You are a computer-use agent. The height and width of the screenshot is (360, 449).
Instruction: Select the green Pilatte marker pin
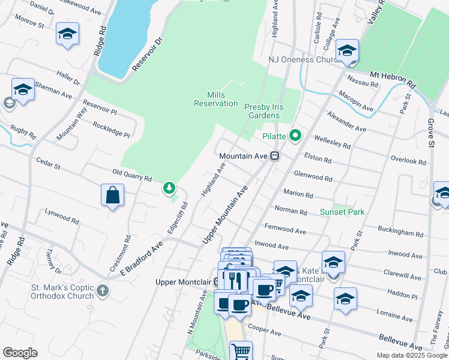tap(295, 136)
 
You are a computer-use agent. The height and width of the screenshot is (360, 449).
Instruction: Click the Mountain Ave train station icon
tap(274, 156)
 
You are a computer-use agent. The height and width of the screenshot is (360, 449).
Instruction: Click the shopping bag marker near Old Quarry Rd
tap(112, 195)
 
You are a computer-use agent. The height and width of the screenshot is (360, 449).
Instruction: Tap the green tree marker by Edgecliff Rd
tap(170, 188)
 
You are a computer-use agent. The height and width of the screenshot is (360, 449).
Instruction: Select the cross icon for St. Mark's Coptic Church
tap(103, 291)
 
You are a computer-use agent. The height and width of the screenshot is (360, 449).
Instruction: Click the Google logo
tap(20, 353)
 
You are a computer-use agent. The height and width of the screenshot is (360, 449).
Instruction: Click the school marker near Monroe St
tap(67, 34)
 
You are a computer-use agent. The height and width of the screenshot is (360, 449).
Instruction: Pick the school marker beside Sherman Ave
tap(22, 91)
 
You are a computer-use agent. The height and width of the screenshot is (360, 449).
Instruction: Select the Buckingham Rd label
tap(401, 231)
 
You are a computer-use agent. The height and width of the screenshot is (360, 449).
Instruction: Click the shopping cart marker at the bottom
tap(241, 352)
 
